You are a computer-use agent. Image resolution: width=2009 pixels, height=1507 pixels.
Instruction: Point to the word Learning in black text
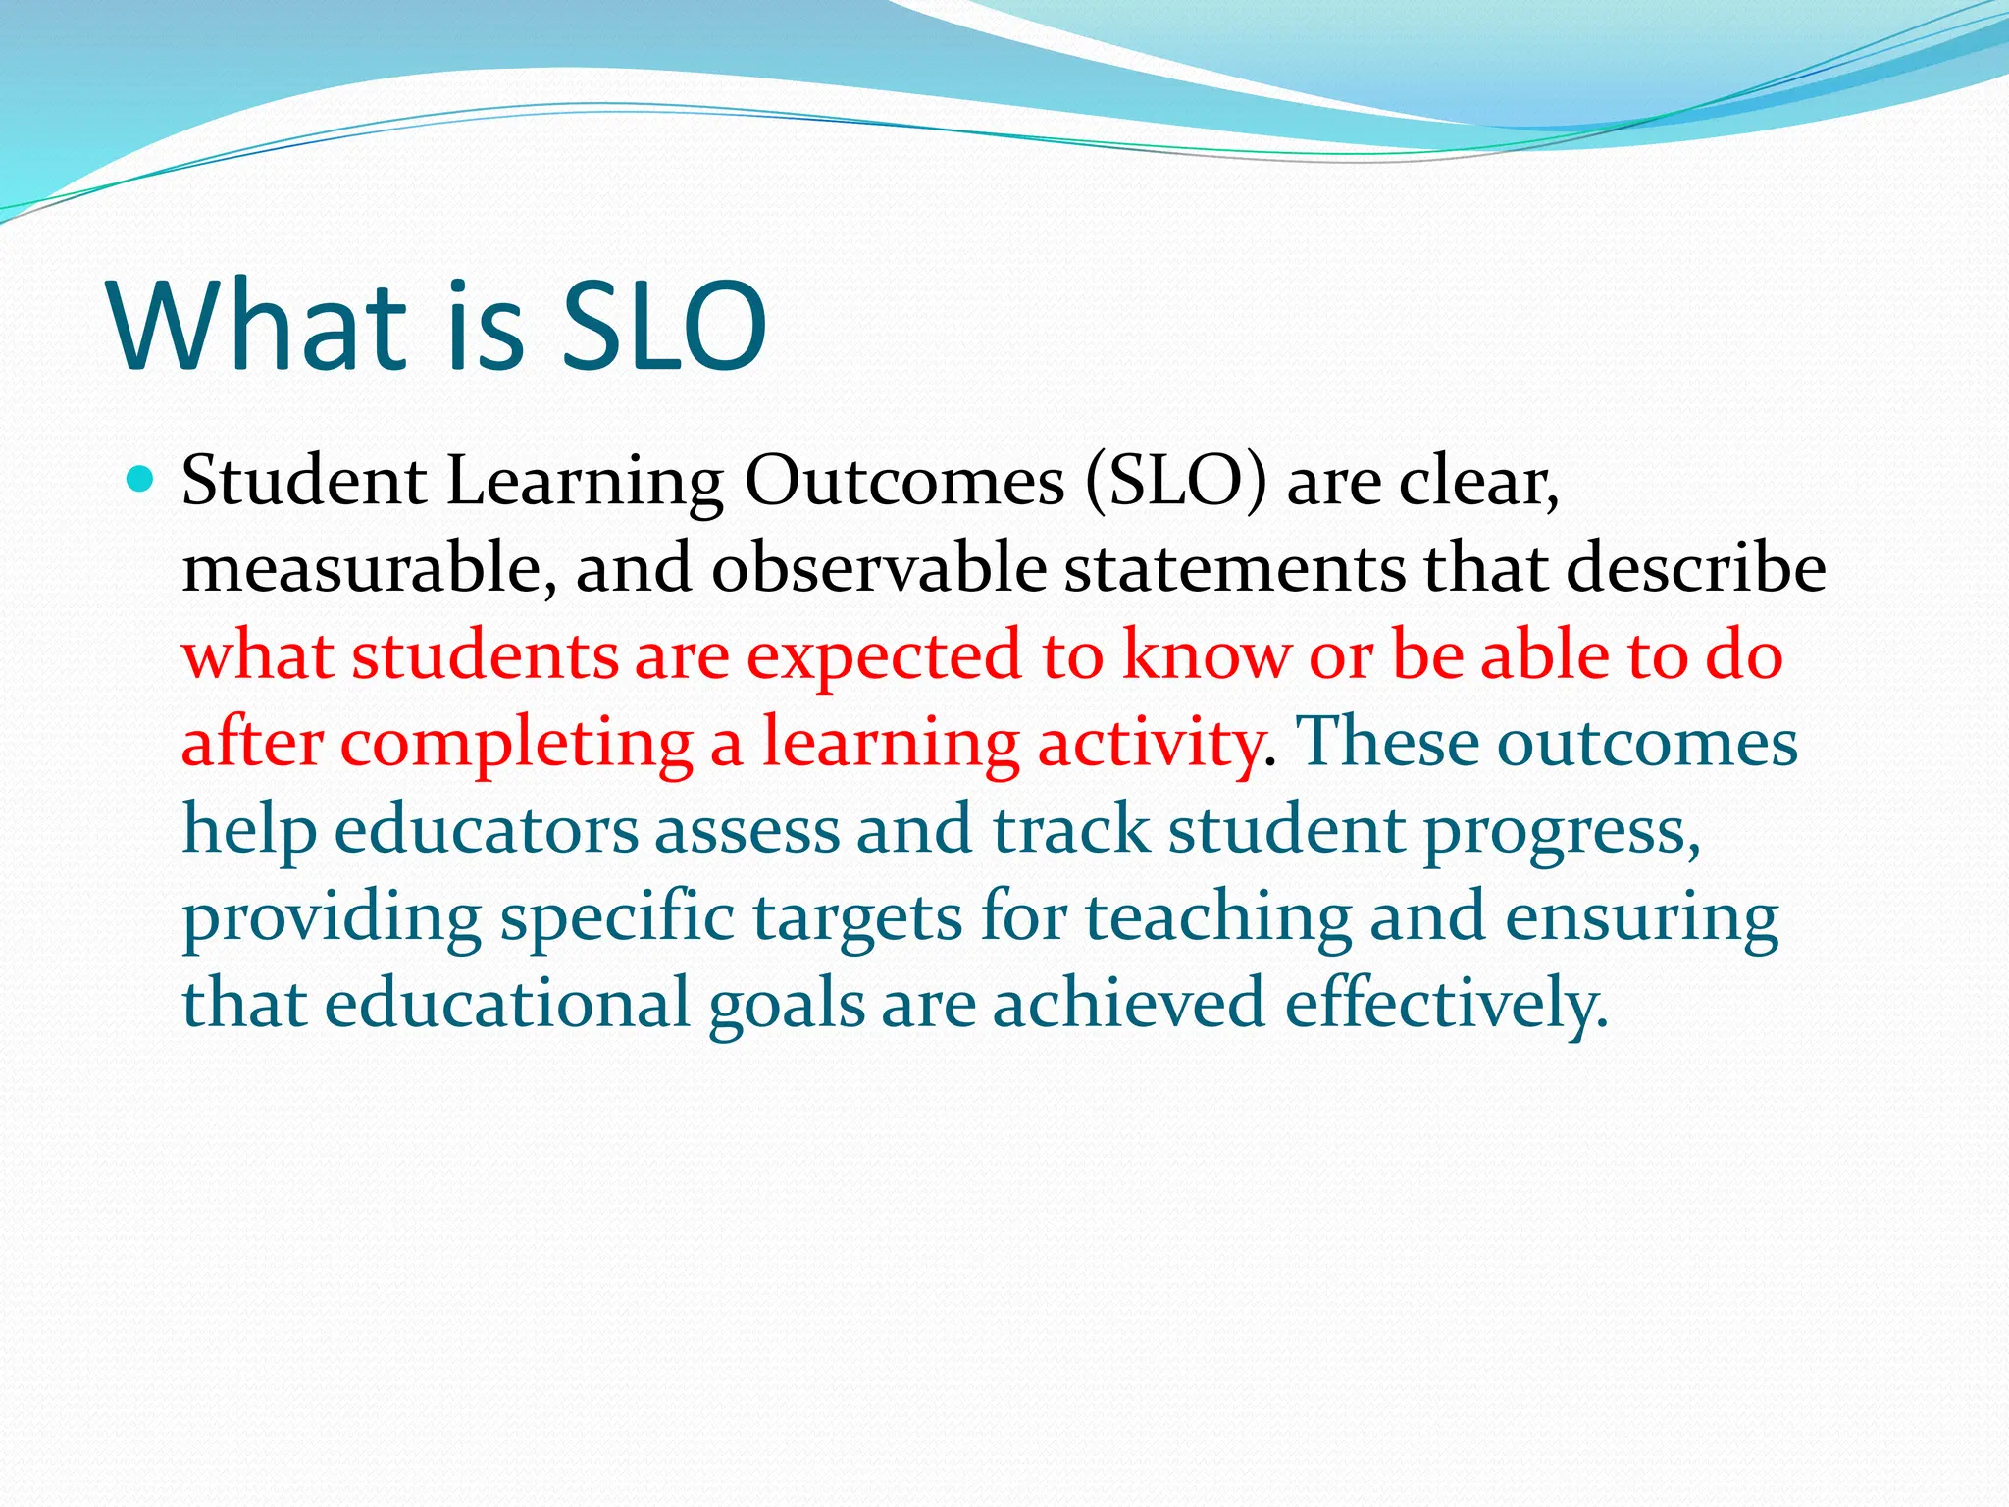[x=585, y=484]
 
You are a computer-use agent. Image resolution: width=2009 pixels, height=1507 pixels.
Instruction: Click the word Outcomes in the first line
[x=903, y=482]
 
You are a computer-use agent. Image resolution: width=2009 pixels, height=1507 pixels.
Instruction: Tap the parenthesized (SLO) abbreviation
[x=1175, y=482]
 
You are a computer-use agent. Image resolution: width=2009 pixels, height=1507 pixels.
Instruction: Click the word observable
[x=878, y=569]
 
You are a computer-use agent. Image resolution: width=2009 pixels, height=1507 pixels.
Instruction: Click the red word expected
[x=884, y=657]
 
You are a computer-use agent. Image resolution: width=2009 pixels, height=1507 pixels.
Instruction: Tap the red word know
[x=1206, y=655]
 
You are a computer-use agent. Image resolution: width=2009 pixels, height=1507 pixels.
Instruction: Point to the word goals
[x=787, y=1005]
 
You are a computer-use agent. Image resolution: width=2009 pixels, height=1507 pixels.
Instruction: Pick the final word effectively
[x=1446, y=1005]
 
